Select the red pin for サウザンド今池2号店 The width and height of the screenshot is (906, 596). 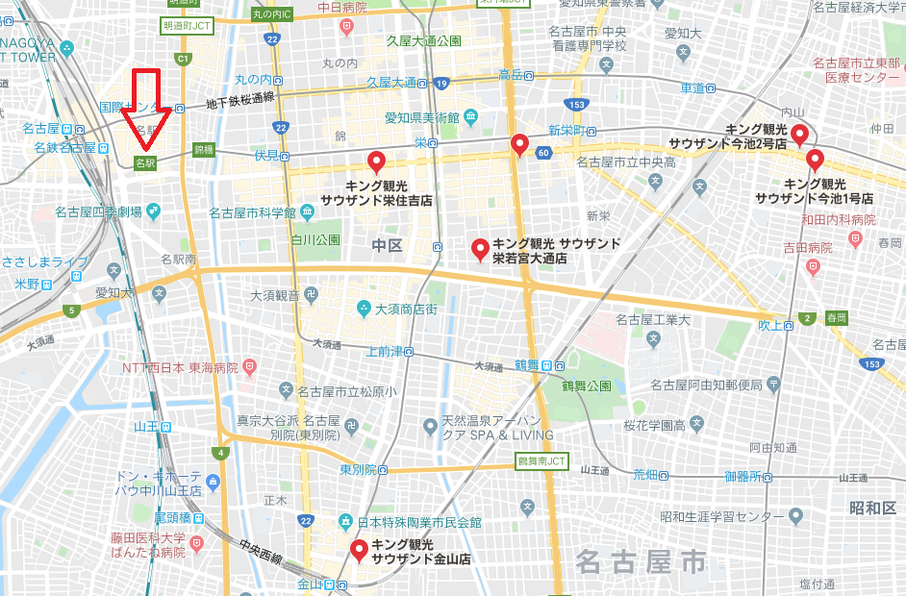pyautogui.click(x=798, y=135)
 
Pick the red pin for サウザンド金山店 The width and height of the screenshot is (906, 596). pyautogui.click(x=360, y=550)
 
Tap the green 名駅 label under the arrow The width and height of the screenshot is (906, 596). pyautogui.click(x=145, y=163)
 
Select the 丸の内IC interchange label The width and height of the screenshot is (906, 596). pyautogui.click(x=271, y=14)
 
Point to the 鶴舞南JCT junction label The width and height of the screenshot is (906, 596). pyautogui.click(x=542, y=461)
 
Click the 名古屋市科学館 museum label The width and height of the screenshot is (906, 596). pyautogui.click(x=253, y=211)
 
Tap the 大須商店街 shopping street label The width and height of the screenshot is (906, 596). pyautogui.click(x=406, y=309)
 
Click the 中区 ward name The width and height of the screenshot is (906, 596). pyautogui.click(x=387, y=246)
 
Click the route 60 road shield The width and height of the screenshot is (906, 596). pyautogui.click(x=544, y=152)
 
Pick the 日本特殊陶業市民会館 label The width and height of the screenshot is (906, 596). pyautogui.click(x=418, y=522)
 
